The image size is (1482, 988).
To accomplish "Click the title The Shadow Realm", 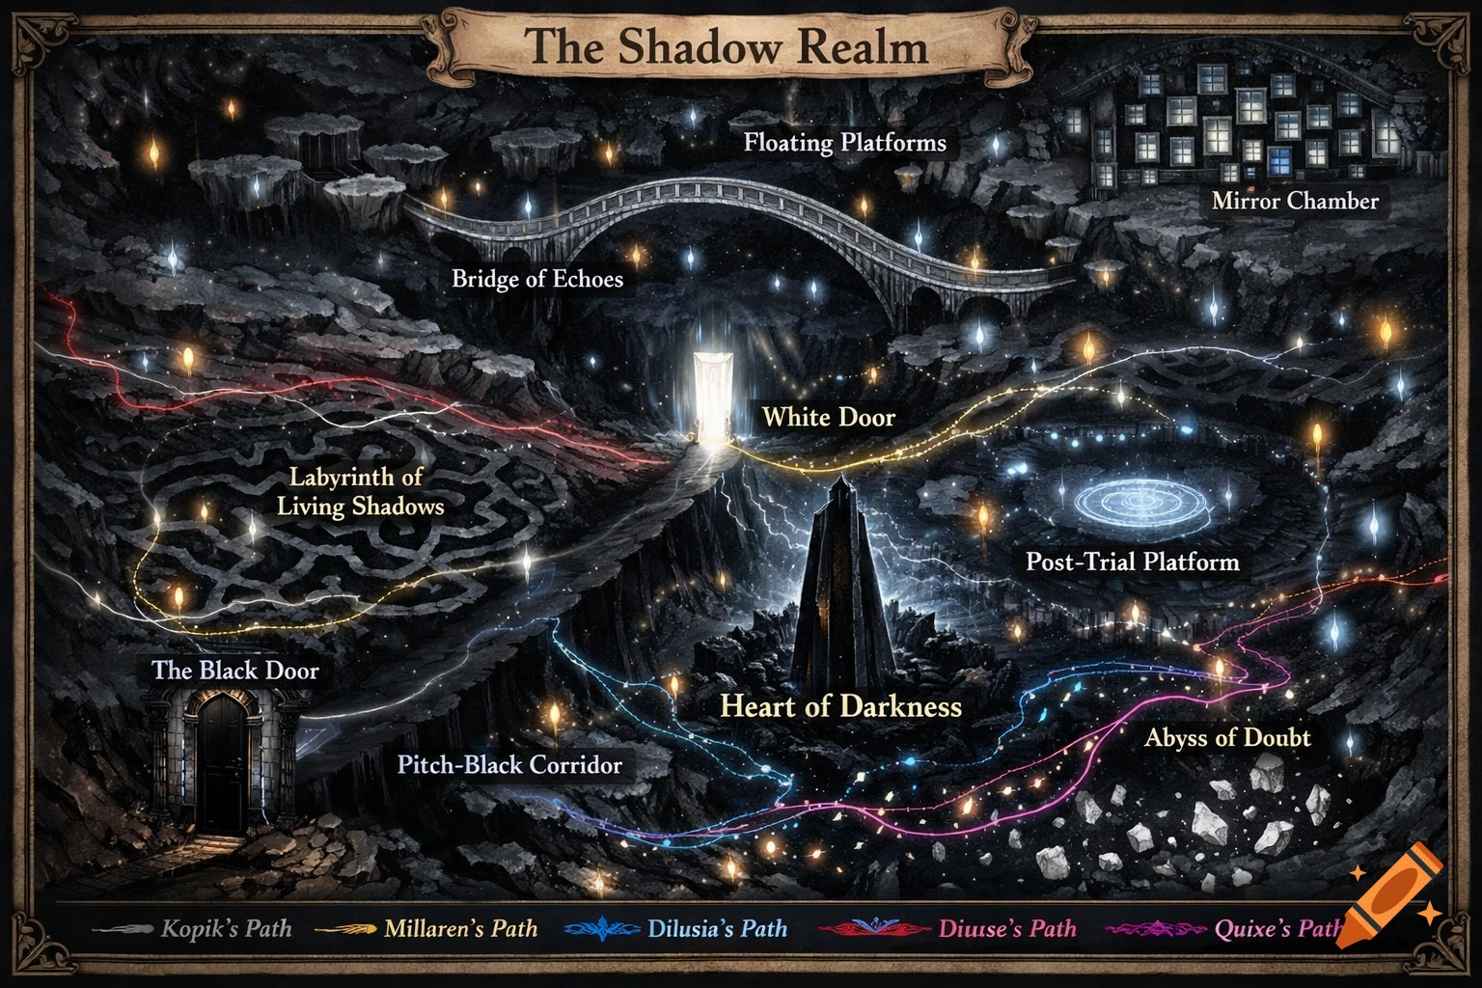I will pos(727,45).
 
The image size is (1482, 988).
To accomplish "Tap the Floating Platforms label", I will pos(844,143).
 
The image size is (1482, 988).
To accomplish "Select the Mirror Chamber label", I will pos(1295,201).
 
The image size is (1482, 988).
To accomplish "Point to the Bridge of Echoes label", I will pos(537,279).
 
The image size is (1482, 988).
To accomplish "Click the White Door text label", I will pos(828,417).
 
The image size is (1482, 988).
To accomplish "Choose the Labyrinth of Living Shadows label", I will pos(360,491).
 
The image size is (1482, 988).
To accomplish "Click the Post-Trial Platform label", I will pos(1132,562).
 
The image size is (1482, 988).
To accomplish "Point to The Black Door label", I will pos(234,670).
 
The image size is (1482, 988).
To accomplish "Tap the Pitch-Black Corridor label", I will pos(509,765).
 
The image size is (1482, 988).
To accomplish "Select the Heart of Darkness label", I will pos(840,706).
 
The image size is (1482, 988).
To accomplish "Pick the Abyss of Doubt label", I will pos(1227,738).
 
